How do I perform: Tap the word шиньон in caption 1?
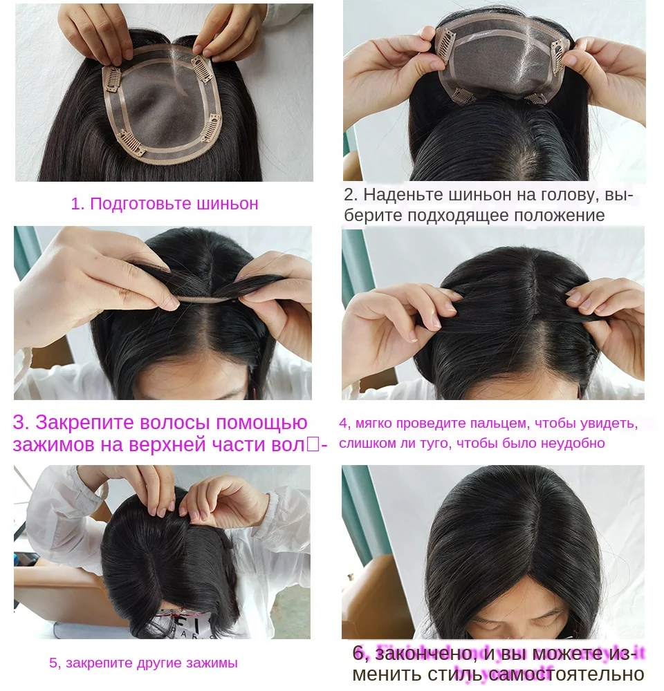coord(221,204)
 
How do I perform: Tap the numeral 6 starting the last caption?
coord(358,653)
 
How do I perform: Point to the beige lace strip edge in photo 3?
coord(207,299)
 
